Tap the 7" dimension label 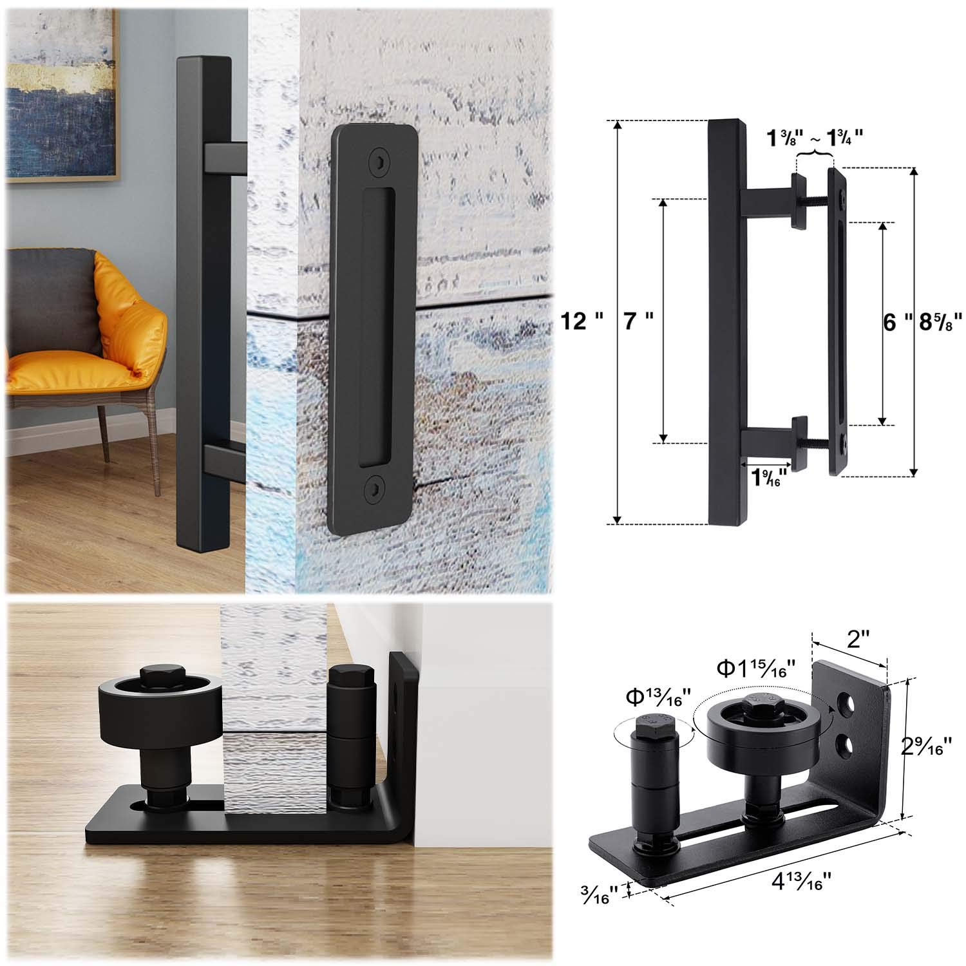tap(640, 320)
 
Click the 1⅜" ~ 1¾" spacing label tap(814, 137)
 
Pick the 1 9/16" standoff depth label tap(767, 478)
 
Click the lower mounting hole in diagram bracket tap(843, 745)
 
